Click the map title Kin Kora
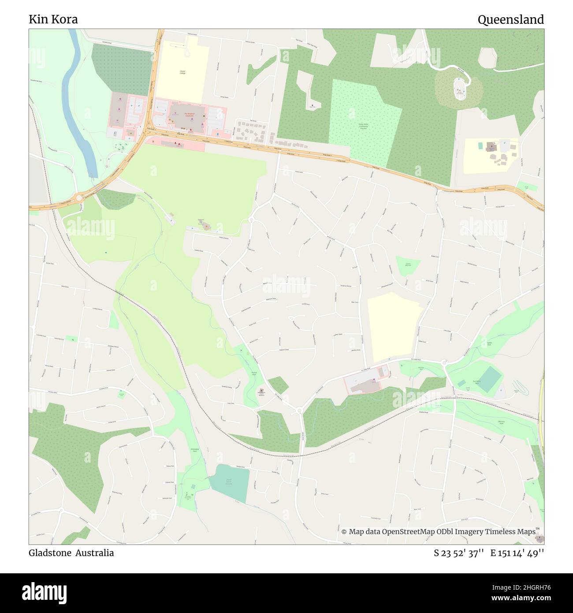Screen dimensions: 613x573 click(x=53, y=19)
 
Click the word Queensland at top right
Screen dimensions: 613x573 click(x=510, y=19)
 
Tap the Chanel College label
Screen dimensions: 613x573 click(x=182, y=71)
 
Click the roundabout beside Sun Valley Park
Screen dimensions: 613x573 click(x=444, y=363)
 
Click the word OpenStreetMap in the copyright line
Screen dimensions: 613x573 click(x=409, y=532)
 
